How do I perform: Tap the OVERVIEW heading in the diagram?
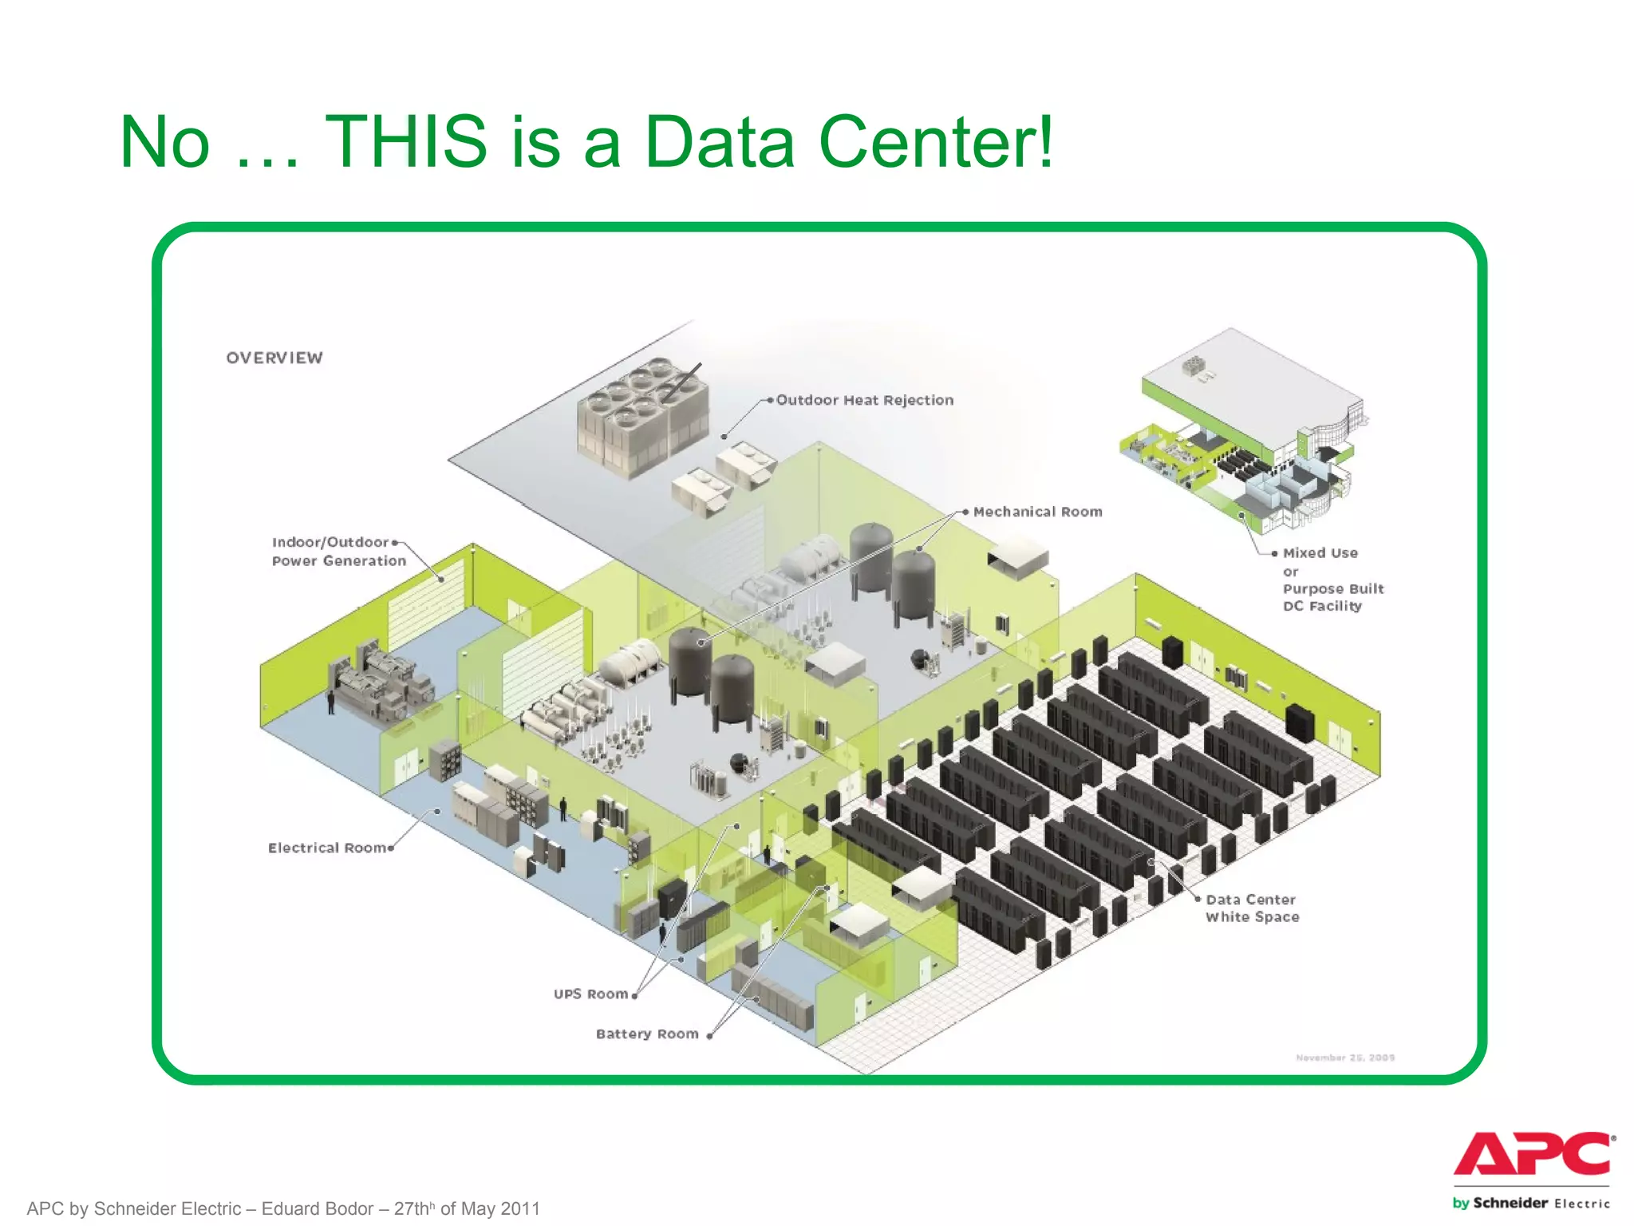point(274,358)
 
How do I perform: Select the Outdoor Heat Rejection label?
point(865,400)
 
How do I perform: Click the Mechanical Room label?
point(1037,512)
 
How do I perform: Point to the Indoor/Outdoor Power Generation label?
point(338,552)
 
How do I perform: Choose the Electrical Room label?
point(327,848)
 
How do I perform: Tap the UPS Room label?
point(590,994)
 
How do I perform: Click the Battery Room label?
point(647,1034)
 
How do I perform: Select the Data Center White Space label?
point(1252,908)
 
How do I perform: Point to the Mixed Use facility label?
point(1332,579)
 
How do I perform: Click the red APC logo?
point(1533,1154)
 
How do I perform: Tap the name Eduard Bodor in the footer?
point(317,1208)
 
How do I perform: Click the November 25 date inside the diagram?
point(1345,1058)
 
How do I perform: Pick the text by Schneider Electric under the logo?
point(1531,1203)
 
